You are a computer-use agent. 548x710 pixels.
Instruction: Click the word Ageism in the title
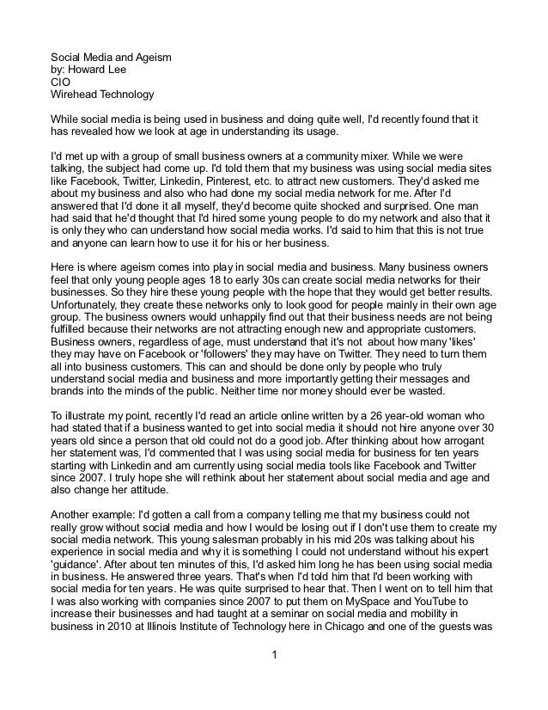click(x=153, y=58)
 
